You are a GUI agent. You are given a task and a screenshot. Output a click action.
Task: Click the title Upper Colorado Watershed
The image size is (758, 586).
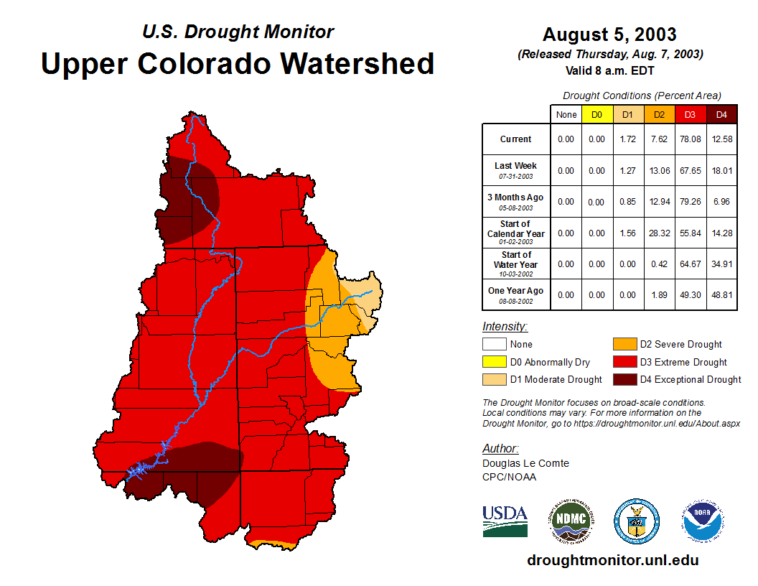(238, 63)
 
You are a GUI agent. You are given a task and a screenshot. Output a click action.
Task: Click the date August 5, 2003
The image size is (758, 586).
(609, 34)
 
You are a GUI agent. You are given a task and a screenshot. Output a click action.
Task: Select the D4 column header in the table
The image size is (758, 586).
(721, 115)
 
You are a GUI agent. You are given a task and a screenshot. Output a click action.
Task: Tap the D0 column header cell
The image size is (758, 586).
(596, 115)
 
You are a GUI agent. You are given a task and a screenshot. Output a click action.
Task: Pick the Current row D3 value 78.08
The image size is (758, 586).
(690, 139)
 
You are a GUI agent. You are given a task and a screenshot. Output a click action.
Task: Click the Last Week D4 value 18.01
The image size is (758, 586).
(721, 170)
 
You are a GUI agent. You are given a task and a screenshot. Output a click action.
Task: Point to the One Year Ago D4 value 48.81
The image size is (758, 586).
(721, 294)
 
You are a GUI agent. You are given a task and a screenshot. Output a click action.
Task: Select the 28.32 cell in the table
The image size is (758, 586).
(659, 233)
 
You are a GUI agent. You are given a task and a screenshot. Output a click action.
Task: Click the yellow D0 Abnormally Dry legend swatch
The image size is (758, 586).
(494, 362)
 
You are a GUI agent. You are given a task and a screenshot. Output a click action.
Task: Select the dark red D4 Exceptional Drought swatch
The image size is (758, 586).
(624, 379)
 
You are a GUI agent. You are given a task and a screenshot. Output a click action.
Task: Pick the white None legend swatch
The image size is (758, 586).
(494, 345)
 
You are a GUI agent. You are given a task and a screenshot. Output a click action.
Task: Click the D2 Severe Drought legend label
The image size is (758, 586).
(680, 345)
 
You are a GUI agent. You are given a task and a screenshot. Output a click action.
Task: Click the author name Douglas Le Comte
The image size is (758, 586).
(525, 463)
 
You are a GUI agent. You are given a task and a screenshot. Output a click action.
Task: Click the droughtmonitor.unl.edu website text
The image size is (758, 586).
(612, 560)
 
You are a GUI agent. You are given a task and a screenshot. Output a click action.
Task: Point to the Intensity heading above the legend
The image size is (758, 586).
(505, 327)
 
